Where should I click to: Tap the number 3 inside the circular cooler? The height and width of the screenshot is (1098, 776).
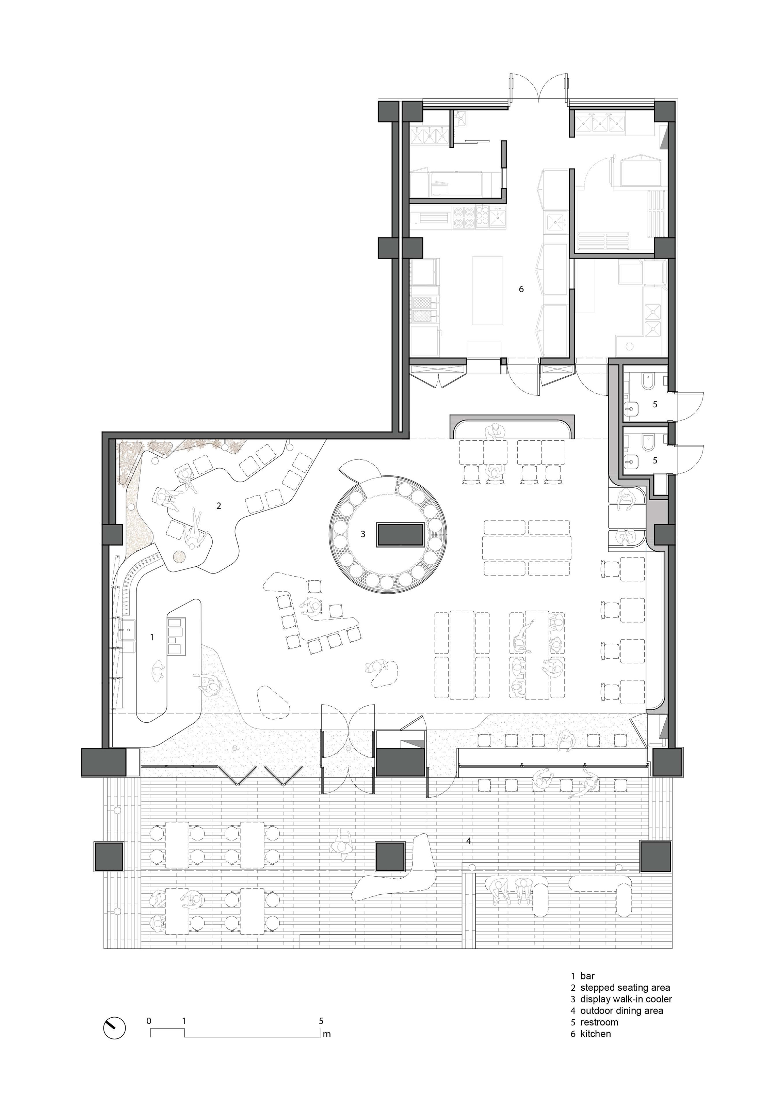pos(363,534)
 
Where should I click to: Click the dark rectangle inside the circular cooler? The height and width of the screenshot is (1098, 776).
pos(401,535)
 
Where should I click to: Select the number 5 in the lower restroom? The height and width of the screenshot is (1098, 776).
pos(655,460)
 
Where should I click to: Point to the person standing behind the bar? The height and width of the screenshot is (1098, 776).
pos(158,670)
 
